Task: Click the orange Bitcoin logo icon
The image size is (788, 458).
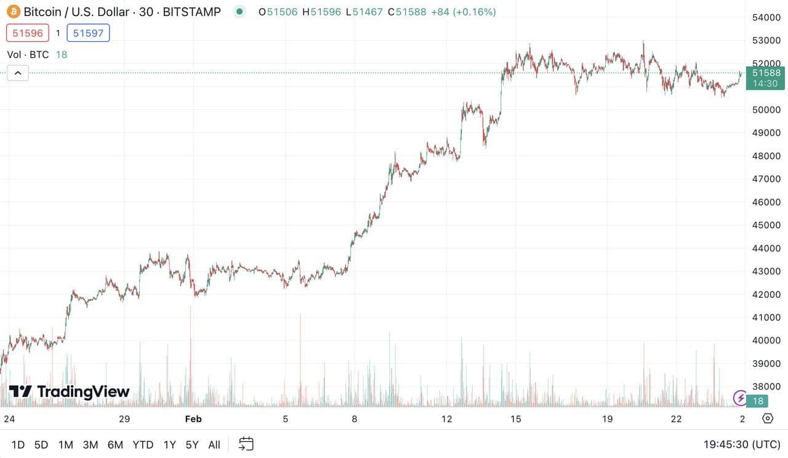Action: [x=13, y=12]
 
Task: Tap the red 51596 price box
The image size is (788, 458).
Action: [x=28, y=33]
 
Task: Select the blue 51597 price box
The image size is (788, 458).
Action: [x=88, y=33]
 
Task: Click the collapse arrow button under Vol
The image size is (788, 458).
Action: [x=18, y=73]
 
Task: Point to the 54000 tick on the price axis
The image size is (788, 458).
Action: [x=766, y=17]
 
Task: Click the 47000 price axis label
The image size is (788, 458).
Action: [x=766, y=179]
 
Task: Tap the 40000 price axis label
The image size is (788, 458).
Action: [x=766, y=340]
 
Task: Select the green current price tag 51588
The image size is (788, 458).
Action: [x=766, y=78]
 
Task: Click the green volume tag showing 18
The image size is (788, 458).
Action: [x=758, y=401]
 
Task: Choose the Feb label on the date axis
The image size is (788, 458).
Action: [x=193, y=419]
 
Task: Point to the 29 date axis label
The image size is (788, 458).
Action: [x=124, y=419]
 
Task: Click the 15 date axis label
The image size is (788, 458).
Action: [x=515, y=419]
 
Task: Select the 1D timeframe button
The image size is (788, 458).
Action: [x=18, y=444]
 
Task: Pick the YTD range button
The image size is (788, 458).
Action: [x=143, y=444]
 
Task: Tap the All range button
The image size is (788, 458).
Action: [x=214, y=444]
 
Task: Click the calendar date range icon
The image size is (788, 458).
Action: [x=246, y=444]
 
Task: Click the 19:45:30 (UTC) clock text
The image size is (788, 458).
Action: [x=742, y=444]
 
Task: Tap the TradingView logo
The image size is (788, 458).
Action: [x=69, y=391]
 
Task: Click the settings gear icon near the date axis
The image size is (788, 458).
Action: [x=768, y=419]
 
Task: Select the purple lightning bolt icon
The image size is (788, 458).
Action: [x=739, y=398]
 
